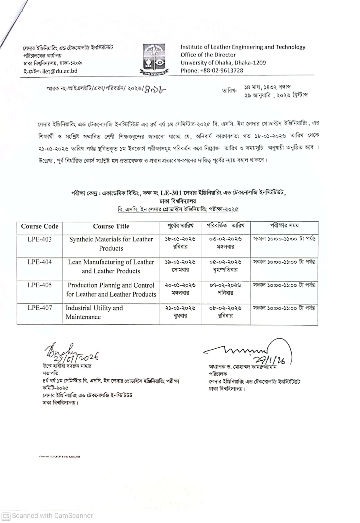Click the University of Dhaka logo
tap(154, 59)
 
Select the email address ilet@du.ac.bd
tap(60, 71)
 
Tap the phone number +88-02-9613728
tap(222, 70)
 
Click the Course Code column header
tap(40, 226)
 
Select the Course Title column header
tap(111, 226)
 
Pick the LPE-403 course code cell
tap(40, 239)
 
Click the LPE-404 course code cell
tap(40, 262)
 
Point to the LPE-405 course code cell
tap(40, 285)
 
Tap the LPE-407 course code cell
tap(40, 308)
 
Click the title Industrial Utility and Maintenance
tap(94, 312)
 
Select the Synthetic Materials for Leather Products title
tap(111, 243)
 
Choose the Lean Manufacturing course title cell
tap(111, 267)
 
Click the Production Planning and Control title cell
tap(111, 290)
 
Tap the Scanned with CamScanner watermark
tap(47, 516)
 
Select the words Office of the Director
tap(208, 55)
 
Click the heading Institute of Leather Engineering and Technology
tap(243, 47)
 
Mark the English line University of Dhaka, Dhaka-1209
tap(223, 63)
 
